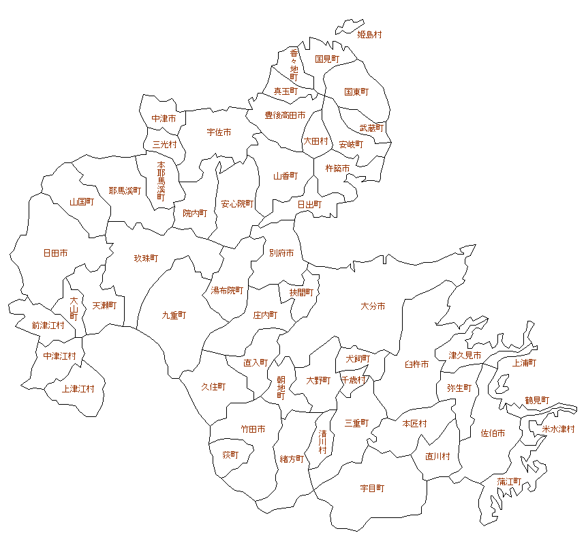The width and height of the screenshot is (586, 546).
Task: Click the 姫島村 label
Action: tap(369, 34)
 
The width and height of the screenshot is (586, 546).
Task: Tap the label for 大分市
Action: tap(373, 306)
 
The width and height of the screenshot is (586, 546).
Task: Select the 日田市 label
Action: tap(55, 253)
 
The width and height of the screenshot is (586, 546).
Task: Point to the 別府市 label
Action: tap(281, 253)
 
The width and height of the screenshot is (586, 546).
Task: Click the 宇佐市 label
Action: tap(219, 132)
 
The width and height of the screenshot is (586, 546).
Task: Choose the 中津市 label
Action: tap(164, 118)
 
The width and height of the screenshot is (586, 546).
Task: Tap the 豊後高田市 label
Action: tap(285, 115)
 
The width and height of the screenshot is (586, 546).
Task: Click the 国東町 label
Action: tap(356, 91)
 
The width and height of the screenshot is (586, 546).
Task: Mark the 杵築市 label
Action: tap(337, 168)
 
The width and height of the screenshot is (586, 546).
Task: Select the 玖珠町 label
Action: tap(146, 258)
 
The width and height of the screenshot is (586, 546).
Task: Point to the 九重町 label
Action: tap(174, 315)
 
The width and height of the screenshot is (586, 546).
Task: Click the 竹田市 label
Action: tap(253, 429)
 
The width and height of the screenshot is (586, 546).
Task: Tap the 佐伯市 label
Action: tap(493, 433)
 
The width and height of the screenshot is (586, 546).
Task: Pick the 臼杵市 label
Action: tap(416, 364)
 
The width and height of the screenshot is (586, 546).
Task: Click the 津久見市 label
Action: tap(465, 356)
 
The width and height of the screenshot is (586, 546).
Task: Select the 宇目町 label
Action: tap(372, 489)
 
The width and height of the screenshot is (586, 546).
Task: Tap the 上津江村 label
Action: tap(78, 389)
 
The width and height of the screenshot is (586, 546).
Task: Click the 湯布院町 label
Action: tap(227, 290)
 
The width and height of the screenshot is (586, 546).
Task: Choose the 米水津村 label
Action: tap(558, 429)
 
